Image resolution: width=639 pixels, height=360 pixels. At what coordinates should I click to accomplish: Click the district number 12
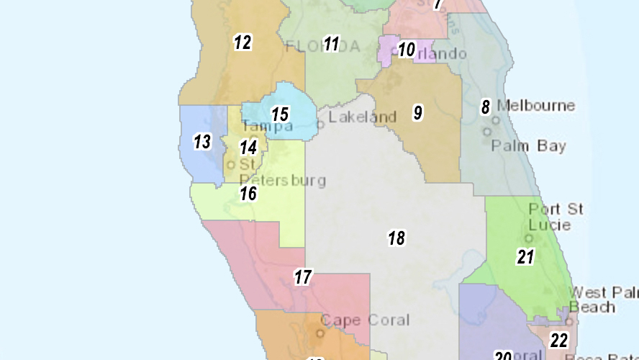(243, 42)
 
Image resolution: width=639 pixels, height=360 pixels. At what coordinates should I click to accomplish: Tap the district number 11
(331, 44)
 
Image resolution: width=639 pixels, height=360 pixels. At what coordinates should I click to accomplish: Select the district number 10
(407, 50)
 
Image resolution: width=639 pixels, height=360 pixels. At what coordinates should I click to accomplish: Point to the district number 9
(417, 112)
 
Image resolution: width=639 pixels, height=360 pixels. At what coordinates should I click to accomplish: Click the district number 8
(486, 107)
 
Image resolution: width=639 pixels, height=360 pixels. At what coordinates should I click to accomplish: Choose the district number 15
(280, 114)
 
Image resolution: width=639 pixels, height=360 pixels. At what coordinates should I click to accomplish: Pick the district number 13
(202, 142)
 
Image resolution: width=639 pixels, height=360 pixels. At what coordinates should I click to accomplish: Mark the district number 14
(248, 148)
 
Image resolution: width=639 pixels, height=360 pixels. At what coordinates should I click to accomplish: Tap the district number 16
(248, 193)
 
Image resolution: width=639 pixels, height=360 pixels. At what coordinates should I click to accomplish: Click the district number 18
(396, 238)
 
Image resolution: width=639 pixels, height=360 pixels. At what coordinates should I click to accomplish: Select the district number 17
(303, 276)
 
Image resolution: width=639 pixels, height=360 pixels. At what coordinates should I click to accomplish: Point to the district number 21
(525, 256)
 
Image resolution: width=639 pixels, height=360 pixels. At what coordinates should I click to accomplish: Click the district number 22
(559, 340)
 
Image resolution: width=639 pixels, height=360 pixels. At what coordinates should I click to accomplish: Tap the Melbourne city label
(536, 106)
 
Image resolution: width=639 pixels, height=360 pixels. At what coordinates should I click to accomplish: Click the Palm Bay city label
(528, 146)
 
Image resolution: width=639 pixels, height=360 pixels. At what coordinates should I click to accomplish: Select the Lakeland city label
(363, 117)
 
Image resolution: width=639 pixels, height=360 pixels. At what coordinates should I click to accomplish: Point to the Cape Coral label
(365, 320)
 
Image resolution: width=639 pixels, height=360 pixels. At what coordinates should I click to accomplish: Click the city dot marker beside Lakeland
(321, 123)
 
